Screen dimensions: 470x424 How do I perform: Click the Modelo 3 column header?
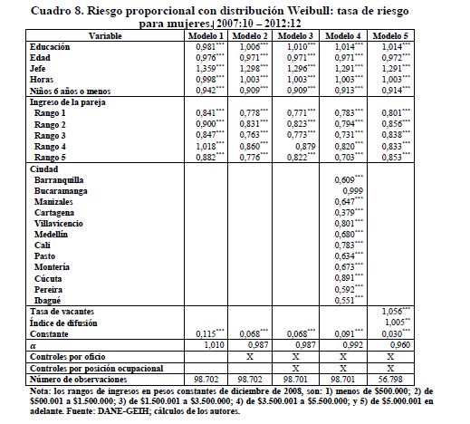click(295, 36)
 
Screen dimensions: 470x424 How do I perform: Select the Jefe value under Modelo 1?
click(210, 69)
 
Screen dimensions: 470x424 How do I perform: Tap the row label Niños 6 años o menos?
click(70, 92)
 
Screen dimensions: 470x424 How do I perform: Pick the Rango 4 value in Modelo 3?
click(305, 147)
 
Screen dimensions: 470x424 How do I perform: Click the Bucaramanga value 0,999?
click(352, 191)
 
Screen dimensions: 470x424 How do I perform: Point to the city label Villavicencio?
click(59, 224)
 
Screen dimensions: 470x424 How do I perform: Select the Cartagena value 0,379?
click(349, 213)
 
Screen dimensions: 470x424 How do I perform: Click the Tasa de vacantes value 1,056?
click(396, 312)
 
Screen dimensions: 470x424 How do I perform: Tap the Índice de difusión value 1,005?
click(398, 323)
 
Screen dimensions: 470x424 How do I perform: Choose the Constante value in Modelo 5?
click(396, 334)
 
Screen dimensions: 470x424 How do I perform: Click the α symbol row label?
click(34, 346)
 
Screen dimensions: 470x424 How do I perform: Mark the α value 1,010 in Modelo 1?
click(215, 345)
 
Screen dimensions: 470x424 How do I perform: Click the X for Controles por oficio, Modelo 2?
click(250, 357)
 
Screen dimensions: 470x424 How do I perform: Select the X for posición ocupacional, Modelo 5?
click(390, 369)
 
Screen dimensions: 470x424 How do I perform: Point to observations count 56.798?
click(390, 380)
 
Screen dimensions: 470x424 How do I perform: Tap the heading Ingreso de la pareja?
click(68, 102)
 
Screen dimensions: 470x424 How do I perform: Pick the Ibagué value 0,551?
click(349, 301)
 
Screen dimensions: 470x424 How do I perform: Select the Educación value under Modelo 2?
click(254, 47)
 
